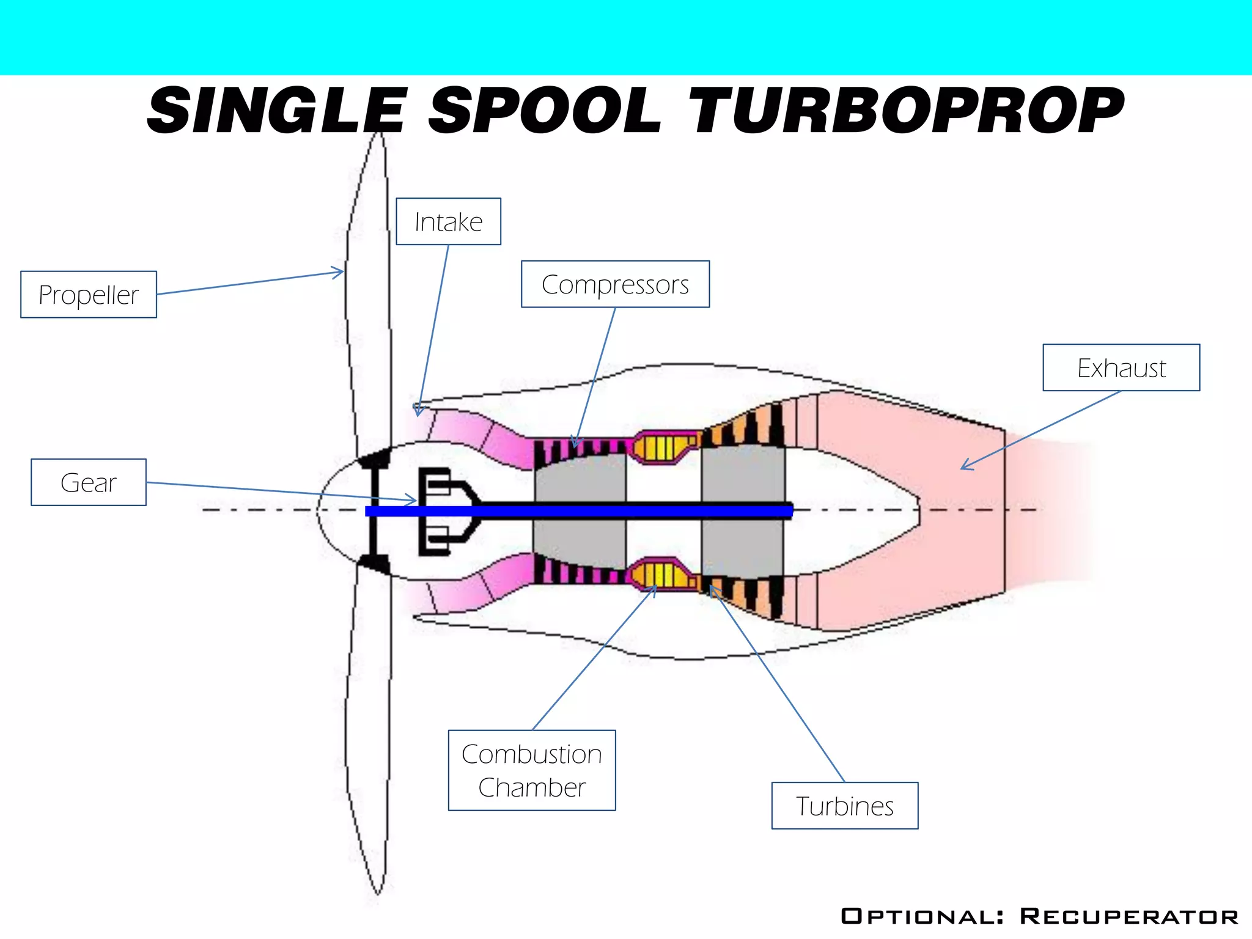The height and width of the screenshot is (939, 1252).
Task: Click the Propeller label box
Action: coord(89,295)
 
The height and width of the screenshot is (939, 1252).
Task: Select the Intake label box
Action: coord(448,221)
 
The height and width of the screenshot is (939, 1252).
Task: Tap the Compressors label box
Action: coord(615,284)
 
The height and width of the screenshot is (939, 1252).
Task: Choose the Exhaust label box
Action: coord(1121,367)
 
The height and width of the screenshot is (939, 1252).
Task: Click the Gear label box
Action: coord(89,482)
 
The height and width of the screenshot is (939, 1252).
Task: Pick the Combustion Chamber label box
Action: coord(532,770)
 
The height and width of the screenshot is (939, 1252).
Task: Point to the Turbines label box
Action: coord(845,806)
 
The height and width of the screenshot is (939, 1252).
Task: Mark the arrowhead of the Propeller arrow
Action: coord(341,272)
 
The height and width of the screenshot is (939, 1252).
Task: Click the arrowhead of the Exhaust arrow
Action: coord(963,468)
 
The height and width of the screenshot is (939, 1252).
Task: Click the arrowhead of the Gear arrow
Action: coord(414,501)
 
